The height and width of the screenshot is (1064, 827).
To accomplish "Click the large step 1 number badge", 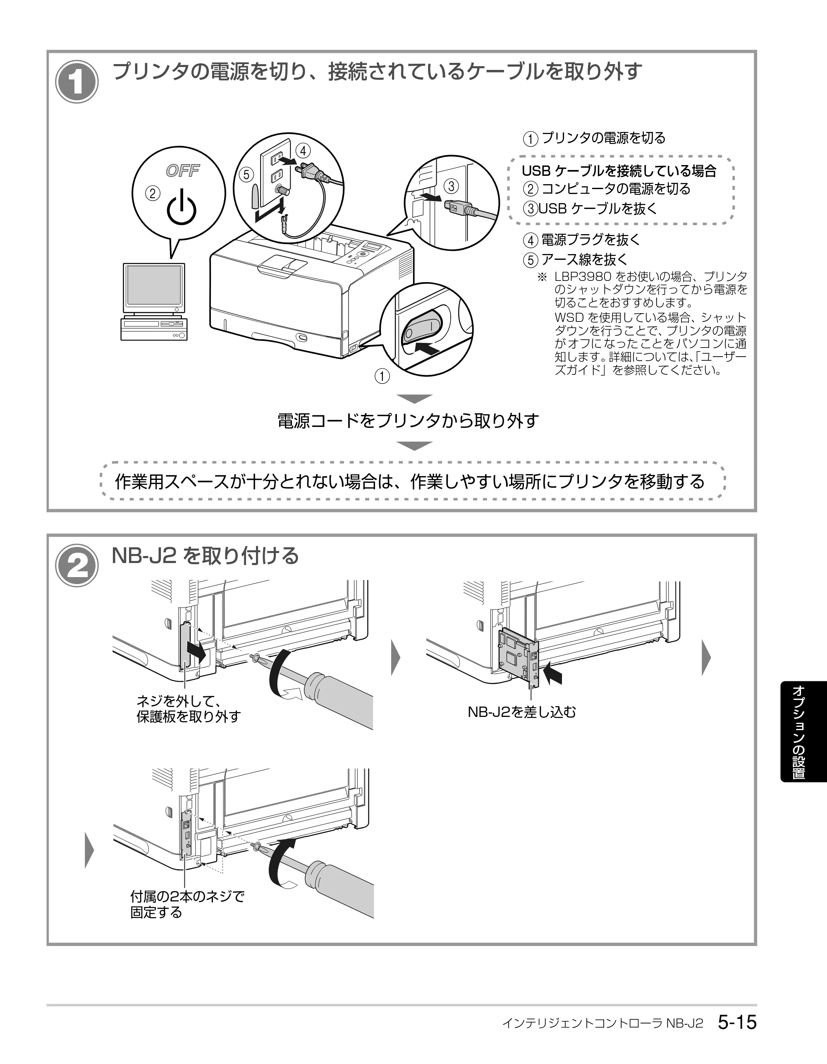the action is [x=76, y=82].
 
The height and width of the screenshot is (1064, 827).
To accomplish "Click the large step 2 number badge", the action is [x=76, y=566].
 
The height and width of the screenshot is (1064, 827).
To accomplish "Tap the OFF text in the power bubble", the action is [x=183, y=170].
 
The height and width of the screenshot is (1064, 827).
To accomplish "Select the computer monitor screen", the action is [x=154, y=287].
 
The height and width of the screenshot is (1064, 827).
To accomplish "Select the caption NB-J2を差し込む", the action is [x=521, y=712].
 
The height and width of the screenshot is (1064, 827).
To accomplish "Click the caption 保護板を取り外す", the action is [x=189, y=717].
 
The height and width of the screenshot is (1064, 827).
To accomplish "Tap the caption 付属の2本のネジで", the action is [x=187, y=896].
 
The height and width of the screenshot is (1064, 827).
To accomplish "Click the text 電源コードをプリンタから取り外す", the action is [x=408, y=420].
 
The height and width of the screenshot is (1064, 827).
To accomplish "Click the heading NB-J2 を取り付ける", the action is [x=205, y=556].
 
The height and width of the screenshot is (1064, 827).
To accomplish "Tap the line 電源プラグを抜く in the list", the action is [x=591, y=240].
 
